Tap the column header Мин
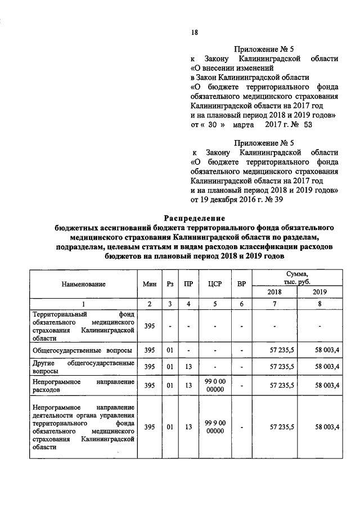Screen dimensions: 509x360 pyautogui.click(x=149, y=284)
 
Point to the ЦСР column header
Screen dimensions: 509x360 pyautogui.click(x=213, y=284)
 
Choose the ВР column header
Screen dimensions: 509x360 pyautogui.click(x=241, y=284)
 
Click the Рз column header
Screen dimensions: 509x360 pyautogui.click(x=169, y=284)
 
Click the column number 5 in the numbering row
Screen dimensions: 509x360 pyautogui.click(x=213, y=304)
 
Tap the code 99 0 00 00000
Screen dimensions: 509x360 pyautogui.click(x=213, y=386)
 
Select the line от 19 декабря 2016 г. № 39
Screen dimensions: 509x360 pyautogui.click(x=236, y=199)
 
